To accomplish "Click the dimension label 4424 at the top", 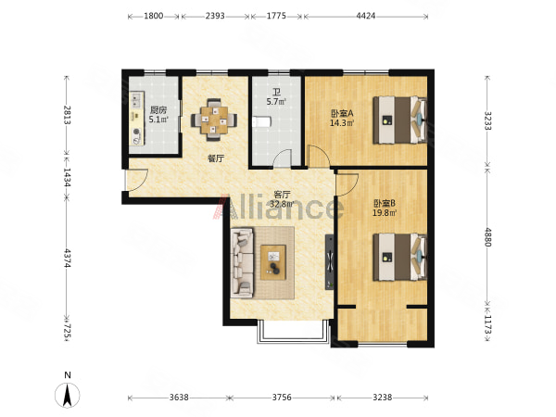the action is pos(366,16).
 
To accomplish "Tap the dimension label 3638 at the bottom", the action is pos(179,398).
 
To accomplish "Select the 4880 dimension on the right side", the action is pos(488,237).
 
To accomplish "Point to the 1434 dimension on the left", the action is pos(67,177).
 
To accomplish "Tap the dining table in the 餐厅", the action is pos(214,120).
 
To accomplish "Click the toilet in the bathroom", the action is pos(260,122).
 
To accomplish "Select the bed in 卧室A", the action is pos(399,120).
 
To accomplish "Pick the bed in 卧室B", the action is pos(399,257).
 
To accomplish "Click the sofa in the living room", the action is pos(242,263).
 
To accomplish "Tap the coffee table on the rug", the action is pos(273,262).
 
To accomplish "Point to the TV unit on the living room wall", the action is pos(330,262).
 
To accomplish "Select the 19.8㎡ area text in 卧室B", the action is pos(385,213).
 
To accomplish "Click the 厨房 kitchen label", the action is pos(158,109).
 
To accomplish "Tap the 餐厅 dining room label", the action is pos(216,158).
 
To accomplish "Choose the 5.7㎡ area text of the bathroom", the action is pos(276,102).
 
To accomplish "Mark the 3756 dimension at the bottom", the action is pos(282,398).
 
